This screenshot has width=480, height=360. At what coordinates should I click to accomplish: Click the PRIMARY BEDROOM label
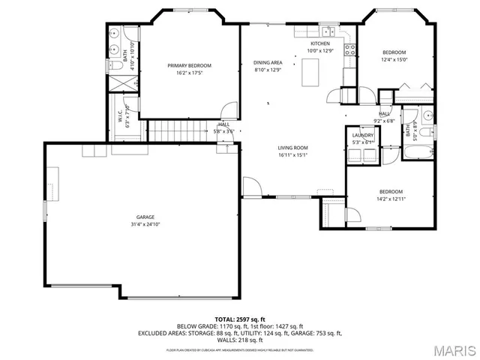[x=189, y=66]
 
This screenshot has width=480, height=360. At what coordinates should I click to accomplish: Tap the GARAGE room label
[x=145, y=217]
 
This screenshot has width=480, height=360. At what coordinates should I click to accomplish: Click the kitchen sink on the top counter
[x=327, y=32]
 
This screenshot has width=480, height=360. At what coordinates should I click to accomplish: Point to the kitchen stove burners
[x=349, y=49]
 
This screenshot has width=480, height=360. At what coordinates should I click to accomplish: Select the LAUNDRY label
[x=363, y=135]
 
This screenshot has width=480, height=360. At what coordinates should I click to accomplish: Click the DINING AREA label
[x=268, y=63]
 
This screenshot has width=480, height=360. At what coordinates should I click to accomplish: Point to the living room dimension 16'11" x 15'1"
[x=293, y=155]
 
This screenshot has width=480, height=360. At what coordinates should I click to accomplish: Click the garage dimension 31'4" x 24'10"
[x=145, y=224]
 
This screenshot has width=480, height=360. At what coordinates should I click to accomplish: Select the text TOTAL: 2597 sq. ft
[x=240, y=319]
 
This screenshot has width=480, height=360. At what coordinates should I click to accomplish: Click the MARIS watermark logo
[x=452, y=349]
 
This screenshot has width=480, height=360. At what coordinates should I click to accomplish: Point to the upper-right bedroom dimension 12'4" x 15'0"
[x=394, y=59]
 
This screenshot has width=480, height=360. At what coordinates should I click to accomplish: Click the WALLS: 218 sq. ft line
[x=240, y=340]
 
